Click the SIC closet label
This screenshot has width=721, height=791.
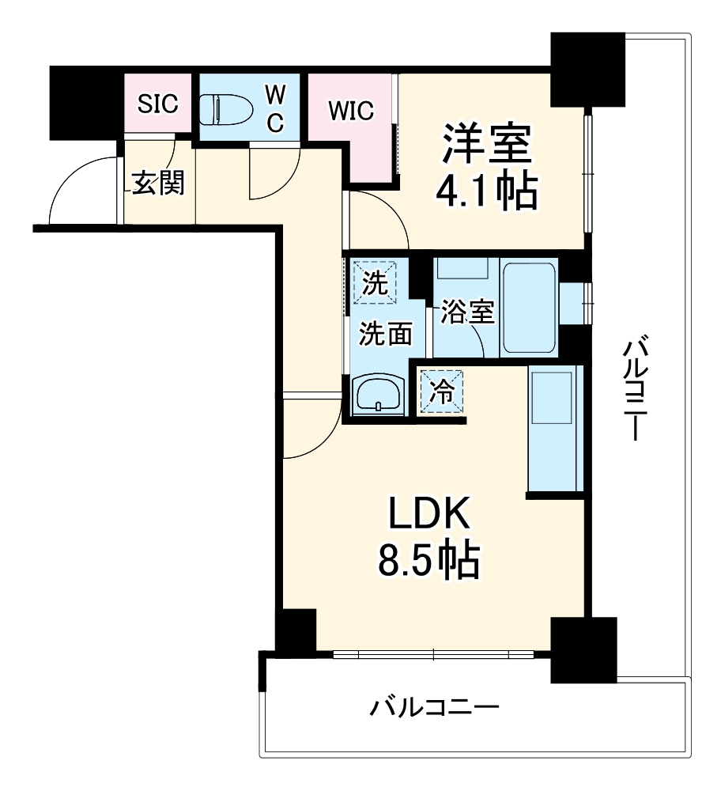click(x=159, y=104)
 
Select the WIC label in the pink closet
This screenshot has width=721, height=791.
click(x=351, y=111)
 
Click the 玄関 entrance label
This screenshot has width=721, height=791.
click(x=158, y=184)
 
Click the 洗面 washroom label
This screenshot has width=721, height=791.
click(x=386, y=334)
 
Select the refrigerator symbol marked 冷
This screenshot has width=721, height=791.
click(x=443, y=392)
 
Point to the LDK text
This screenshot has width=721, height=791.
click(x=428, y=515)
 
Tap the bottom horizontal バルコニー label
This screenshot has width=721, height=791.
click(x=435, y=706)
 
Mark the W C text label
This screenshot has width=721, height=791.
click(x=274, y=109)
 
